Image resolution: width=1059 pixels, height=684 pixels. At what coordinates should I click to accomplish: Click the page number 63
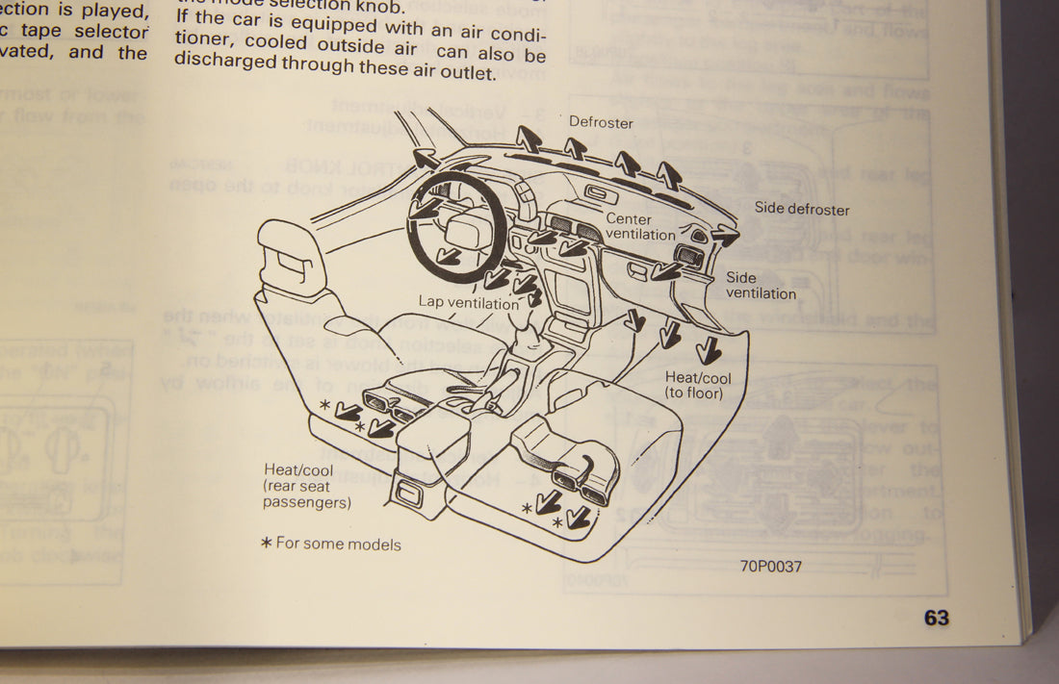(x=936, y=618)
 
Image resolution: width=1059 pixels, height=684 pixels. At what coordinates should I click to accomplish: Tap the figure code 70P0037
(x=770, y=566)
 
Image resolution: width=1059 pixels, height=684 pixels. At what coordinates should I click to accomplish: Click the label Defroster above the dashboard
(x=601, y=122)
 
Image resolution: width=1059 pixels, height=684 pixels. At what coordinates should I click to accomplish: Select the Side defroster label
(x=802, y=209)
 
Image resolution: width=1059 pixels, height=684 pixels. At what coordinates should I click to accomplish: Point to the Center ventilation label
(x=640, y=227)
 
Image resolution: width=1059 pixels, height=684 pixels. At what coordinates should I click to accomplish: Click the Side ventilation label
(x=761, y=285)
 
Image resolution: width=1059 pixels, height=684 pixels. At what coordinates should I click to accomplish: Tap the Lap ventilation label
(x=468, y=302)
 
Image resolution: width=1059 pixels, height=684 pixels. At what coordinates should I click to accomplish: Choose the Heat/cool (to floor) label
(x=698, y=385)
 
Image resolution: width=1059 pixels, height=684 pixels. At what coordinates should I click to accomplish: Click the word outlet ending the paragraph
(x=472, y=72)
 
